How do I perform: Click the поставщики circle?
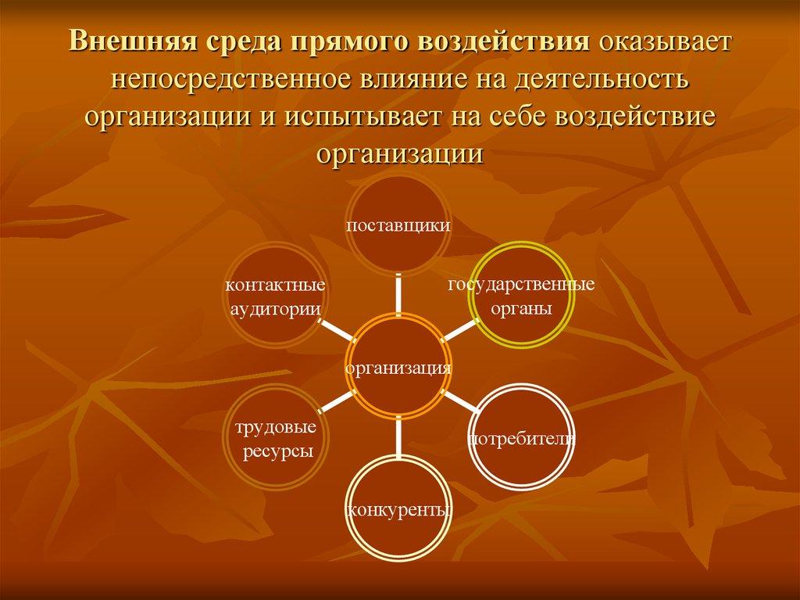coord(398,225)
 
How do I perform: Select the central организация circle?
coord(398,366)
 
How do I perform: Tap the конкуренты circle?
coord(398,509)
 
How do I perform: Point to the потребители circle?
coord(522,437)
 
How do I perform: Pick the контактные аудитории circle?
coord(276,296)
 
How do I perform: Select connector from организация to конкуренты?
coord(398,437)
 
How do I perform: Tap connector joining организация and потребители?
coord(461,402)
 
